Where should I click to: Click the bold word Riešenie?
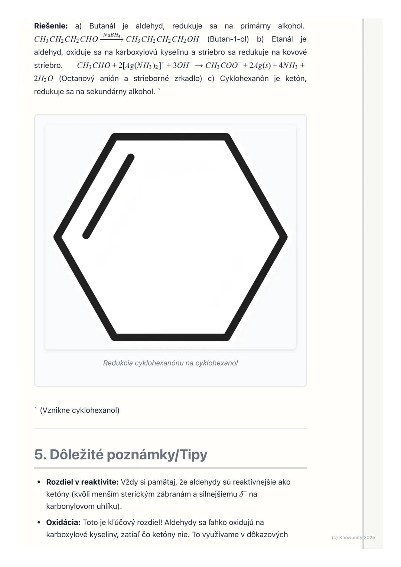[51, 26]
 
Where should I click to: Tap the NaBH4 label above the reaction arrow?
[111, 35]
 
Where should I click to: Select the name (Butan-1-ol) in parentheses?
[228, 39]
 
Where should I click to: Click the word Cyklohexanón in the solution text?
[244, 78]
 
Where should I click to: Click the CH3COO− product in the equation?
[223, 65]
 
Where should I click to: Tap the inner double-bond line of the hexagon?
[108, 197]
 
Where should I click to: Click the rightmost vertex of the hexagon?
[284, 237]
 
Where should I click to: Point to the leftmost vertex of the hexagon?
[57, 237]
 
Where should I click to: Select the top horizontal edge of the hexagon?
[170, 137]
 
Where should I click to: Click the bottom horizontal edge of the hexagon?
[170, 337]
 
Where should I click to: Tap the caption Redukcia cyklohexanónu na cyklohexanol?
[170, 363]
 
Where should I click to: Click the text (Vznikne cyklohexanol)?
[79, 410]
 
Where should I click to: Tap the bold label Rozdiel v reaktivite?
[82, 482]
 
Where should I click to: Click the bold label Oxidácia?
[63, 522]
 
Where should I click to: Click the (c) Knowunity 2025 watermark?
[353, 537]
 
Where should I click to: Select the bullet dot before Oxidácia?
[39, 522]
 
